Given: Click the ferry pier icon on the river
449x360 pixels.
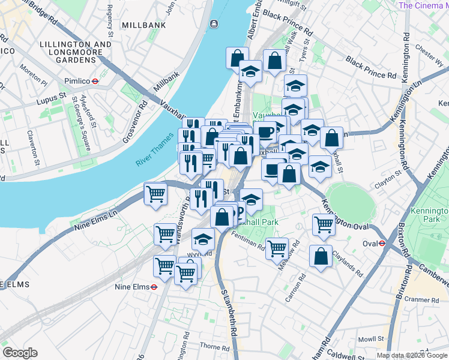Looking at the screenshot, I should (214, 24).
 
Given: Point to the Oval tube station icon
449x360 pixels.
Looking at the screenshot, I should (382, 243).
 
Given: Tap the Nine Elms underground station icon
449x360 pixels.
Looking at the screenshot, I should (154, 287).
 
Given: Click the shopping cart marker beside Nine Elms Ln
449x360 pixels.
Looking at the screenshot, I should (155, 194).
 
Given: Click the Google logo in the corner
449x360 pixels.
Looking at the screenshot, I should (20, 353).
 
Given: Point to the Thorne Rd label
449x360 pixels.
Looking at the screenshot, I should (211, 346).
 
